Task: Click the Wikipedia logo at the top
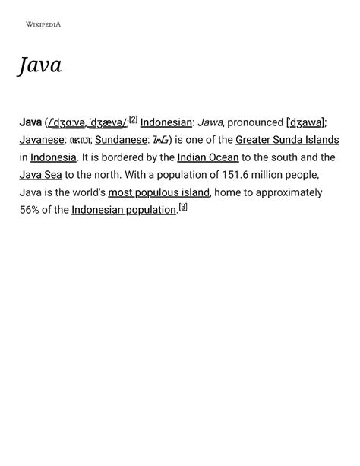(43, 25)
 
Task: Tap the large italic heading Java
(40, 65)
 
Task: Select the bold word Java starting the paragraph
(30, 122)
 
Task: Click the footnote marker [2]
(133, 119)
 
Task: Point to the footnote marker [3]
(183, 207)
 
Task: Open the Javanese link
(42, 140)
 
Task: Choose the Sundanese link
(121, 140)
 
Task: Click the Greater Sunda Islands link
(287, 140)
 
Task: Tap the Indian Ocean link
(208, 157)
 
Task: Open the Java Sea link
(40, 175)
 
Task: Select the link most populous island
(159, 192)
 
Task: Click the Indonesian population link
(124, 210)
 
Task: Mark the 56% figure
(30, 210)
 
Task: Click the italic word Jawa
(210, 122)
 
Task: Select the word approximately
(286, 192)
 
